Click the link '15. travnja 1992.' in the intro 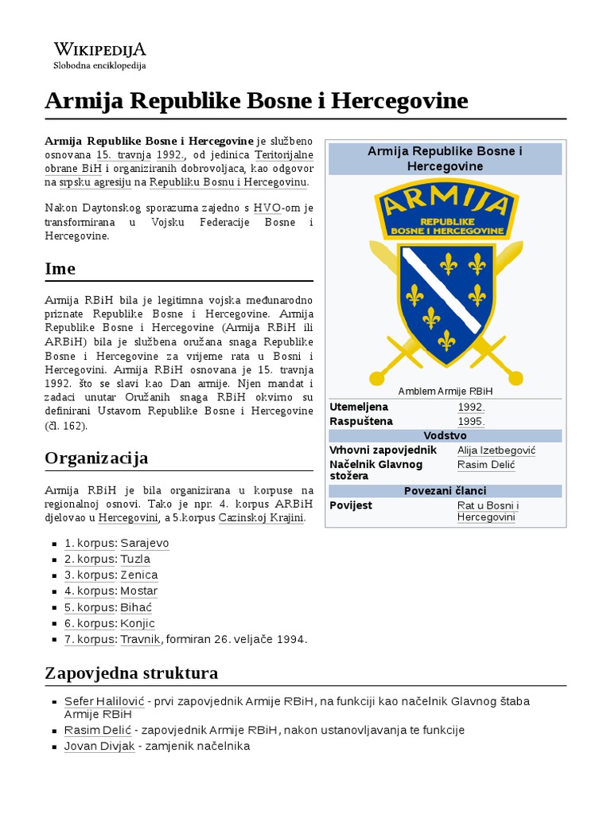coord(141,154)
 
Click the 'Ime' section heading coord(60,269)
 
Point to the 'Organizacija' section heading coord(96,458)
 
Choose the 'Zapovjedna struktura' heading coord(131,673)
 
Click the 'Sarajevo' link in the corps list coord(145,543)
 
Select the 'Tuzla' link coord(135,559)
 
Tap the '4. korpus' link coord(90,591)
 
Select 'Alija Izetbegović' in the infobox coord(496,450)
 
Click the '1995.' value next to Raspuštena coord(471,421)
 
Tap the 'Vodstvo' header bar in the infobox coord(446,435)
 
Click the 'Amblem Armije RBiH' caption coord(445,391)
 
